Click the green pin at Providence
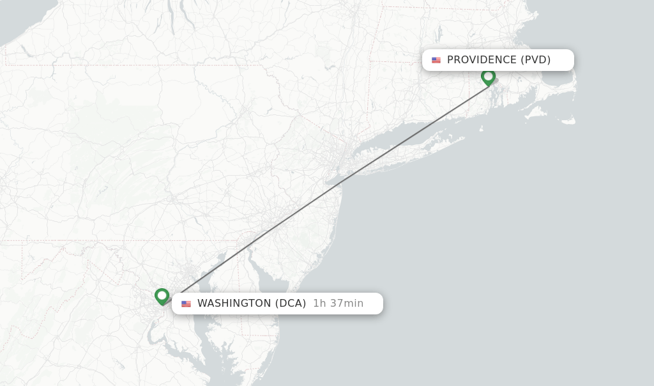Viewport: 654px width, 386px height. [x=489, y=77]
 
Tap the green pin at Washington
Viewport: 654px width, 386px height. [x=162, y=296]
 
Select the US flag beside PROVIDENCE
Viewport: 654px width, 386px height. [x=436, y=60]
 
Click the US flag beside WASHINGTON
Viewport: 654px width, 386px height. [x=186, y=304]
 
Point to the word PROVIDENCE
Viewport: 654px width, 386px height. [x=482, y=60]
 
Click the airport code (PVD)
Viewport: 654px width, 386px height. [x=535, y=60]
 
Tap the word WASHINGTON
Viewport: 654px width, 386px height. [x=234, y=304]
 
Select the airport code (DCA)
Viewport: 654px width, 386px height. [x=291, y=304]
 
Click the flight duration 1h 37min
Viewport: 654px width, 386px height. [x=338, y=304]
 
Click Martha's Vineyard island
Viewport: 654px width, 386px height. [x=535, y=113]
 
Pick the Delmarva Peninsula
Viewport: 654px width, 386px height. [x=255, y=313]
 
